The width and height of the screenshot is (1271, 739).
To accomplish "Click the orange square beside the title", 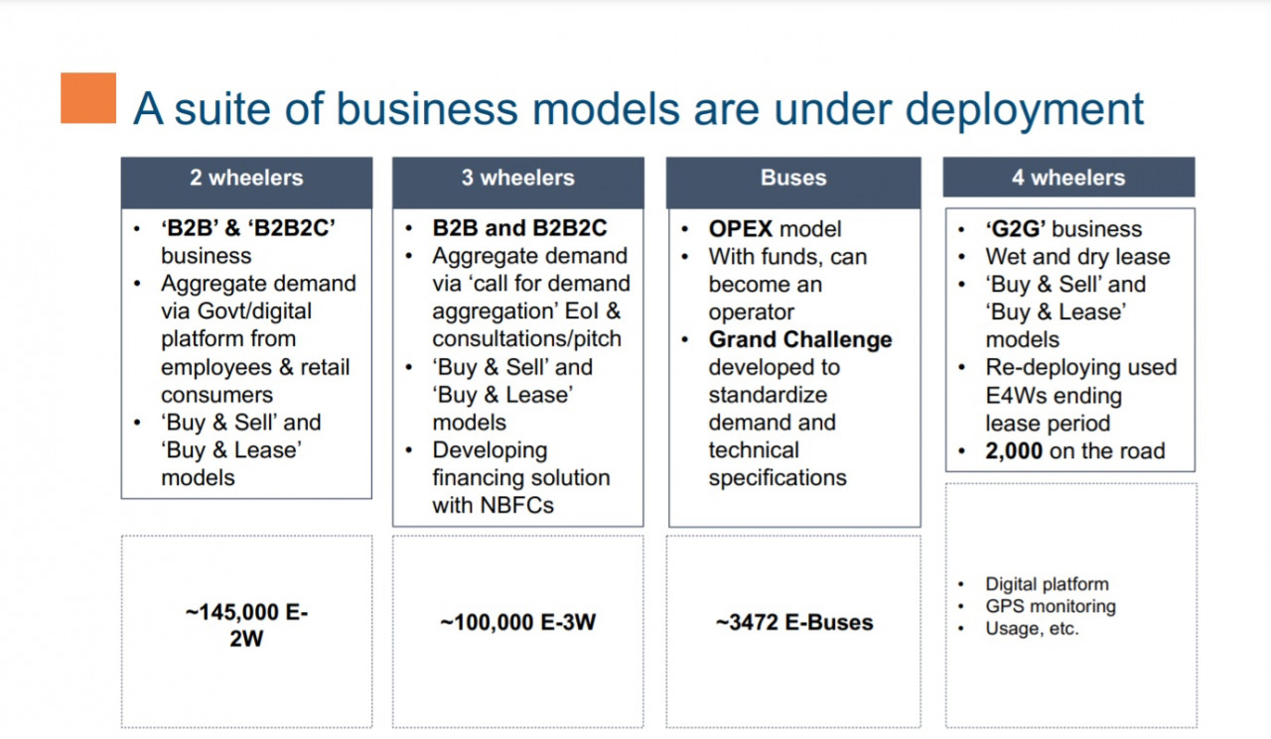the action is pos(88,98).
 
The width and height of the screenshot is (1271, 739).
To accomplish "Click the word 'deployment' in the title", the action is pos(1024,110).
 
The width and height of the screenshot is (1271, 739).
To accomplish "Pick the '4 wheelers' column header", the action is pos(1068,178).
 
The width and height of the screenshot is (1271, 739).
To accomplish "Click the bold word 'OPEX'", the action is pos(741,229).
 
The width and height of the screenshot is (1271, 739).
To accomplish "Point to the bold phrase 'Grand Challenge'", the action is pos(800,339).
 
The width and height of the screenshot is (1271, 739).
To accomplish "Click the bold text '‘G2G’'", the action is pos(1016,229).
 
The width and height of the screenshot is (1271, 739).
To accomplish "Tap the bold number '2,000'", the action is pos(1014,451).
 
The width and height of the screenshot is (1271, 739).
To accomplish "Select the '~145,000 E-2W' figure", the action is pos(246,625).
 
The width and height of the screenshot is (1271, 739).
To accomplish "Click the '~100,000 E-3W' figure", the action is pos(518,622).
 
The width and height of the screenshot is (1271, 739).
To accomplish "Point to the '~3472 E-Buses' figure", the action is pos(794,622).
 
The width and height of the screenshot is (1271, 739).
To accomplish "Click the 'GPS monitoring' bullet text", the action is pos(1051,606).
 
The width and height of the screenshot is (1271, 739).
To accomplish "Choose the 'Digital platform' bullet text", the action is pos(1047,584).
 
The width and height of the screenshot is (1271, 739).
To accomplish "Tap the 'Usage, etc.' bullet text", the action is pos(1032,629).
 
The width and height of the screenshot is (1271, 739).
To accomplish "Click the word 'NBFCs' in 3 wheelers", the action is pos(516,506).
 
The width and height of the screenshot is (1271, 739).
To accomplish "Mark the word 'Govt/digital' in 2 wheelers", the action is pos(254,311).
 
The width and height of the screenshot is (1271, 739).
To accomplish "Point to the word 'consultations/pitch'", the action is pos(526,339).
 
